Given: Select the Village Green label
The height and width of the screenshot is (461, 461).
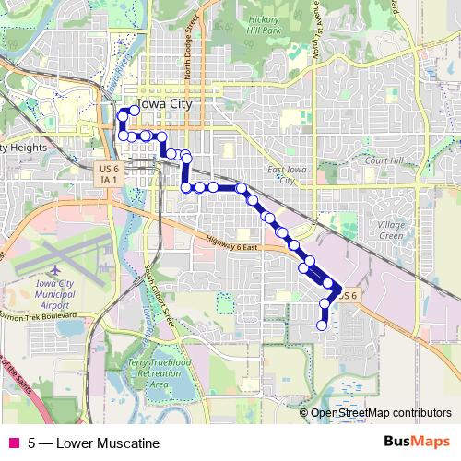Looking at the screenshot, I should [391, 229].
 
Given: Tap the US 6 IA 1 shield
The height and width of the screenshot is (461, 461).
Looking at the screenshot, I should [109, 173].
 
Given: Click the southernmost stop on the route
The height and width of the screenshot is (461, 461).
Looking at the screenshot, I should [322, 325].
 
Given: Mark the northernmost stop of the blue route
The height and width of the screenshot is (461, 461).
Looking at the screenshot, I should [135, 110].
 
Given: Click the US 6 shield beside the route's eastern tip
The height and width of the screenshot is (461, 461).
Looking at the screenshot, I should [345, 295].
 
